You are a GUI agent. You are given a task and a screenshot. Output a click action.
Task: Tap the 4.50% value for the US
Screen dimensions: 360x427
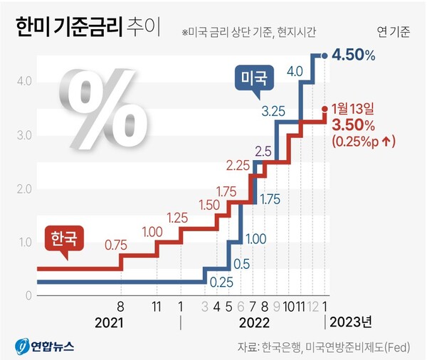(x=355, y=55)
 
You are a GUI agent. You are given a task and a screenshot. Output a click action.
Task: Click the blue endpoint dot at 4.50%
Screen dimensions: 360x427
(x=325, y=55)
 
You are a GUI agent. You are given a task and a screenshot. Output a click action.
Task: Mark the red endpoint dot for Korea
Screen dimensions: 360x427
(x=325, y=109)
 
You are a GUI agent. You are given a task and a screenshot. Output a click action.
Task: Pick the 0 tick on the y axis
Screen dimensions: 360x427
(x=26, y=296)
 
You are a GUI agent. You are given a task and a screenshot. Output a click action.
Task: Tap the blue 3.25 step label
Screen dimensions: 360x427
(x=274, y=110)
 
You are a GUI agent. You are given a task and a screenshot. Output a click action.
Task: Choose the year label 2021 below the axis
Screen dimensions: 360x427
(x=109, y=322)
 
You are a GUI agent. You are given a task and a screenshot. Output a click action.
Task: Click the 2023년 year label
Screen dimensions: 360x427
(x=349, y=322)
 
